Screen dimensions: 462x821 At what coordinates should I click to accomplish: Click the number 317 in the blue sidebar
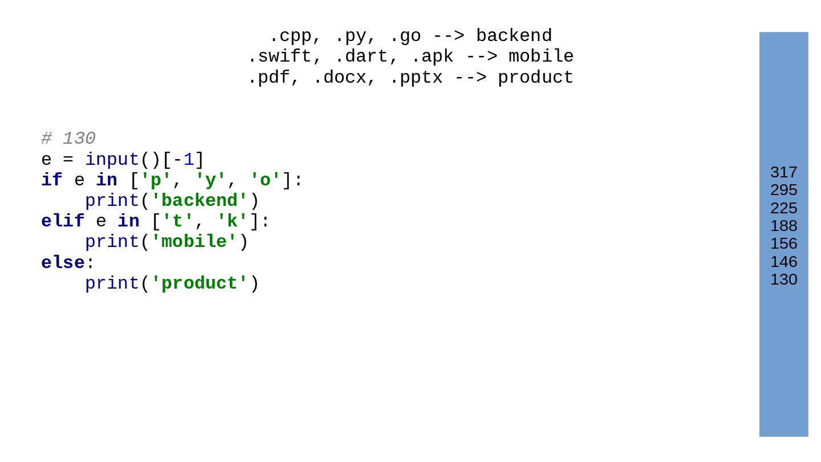point(783,172)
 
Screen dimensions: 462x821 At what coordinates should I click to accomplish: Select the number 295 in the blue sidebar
point(783,190)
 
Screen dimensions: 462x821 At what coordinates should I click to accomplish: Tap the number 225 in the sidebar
point(783,208)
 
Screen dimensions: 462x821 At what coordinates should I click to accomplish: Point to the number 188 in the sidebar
point(783,226)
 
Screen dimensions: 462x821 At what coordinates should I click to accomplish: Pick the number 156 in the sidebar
point(783,244)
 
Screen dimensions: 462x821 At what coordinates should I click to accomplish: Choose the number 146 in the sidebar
point(783,262)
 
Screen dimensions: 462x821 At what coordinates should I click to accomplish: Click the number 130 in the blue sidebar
point(783,279)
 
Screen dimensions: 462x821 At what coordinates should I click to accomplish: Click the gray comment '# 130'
point(68,139)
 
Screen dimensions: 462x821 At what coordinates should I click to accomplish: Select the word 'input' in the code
point(112,160)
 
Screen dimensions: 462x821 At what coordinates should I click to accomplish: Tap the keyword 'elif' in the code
point(63,221)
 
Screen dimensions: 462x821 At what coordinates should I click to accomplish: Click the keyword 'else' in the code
point(63,263)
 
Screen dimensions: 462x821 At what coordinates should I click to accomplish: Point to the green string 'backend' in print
point(200,201)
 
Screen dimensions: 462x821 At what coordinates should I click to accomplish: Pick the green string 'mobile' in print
point(194,242)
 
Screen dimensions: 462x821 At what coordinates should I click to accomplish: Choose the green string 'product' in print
point(200,283)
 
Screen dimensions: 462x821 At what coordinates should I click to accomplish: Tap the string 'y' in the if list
point(210,180)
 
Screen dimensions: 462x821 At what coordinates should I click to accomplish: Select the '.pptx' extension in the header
point(416,78)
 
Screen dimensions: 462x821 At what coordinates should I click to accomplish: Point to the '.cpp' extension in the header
point(291,37)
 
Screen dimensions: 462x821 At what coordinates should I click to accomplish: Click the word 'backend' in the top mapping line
point(514,37)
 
